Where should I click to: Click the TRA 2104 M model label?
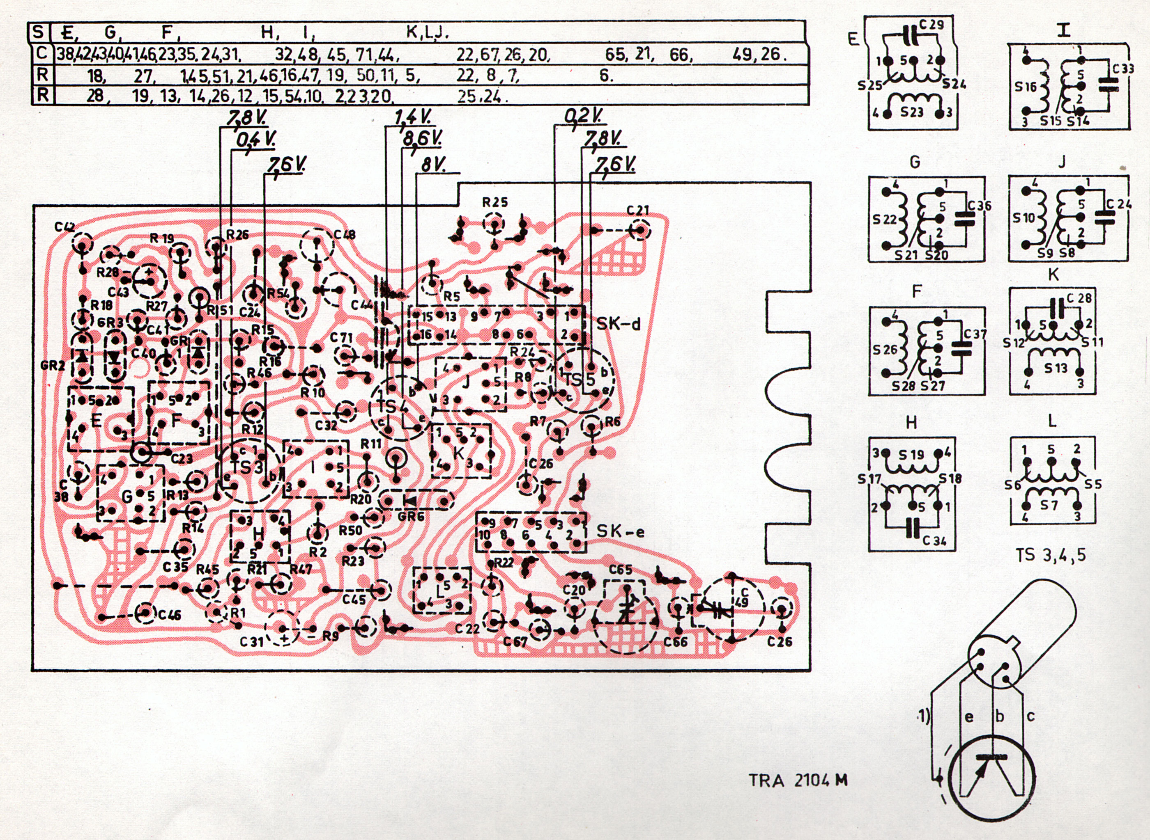tap(798, 780)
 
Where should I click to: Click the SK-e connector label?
tap(620, 532)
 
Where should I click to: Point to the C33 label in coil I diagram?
tap(1122, 68)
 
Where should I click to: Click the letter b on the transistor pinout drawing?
tap(1000, 716)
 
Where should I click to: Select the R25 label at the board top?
tap(494, 202)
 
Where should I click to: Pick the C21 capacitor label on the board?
tap(638, 211)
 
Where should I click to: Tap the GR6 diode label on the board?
tap(411, 515)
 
